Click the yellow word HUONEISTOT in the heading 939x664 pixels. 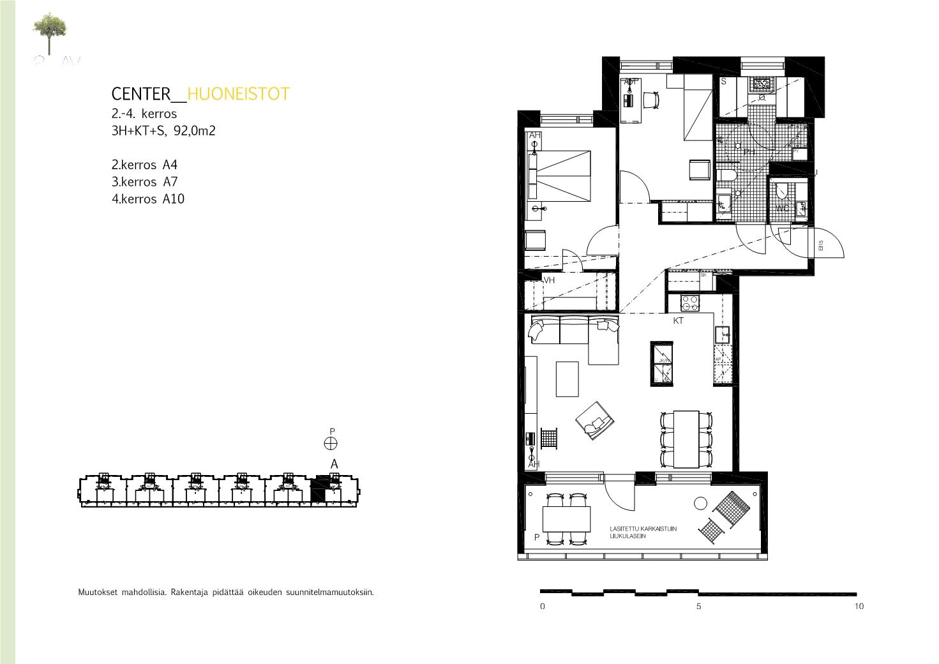pos(239,94)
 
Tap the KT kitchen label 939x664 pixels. pos(678,321)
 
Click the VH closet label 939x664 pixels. pos(549,280)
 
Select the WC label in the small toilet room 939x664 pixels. pos(782,208)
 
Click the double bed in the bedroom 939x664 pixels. pos(563,174)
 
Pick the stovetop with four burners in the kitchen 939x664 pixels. pos(689,301)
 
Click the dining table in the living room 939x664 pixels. pos(686,439)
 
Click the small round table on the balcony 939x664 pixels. pos(701,504)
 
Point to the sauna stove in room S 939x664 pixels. pos(761,84)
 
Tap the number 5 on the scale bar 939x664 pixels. pos(699,607)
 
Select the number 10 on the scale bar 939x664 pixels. pos(859,607)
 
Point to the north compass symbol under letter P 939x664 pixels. pos(331,444)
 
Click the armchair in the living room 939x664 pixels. pos(595,421)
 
